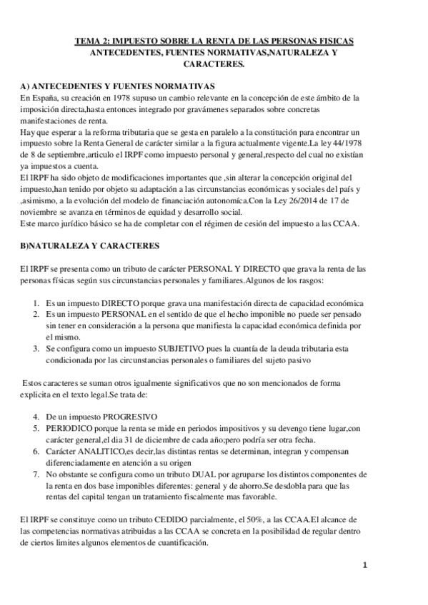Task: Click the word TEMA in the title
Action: pos(89,43)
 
